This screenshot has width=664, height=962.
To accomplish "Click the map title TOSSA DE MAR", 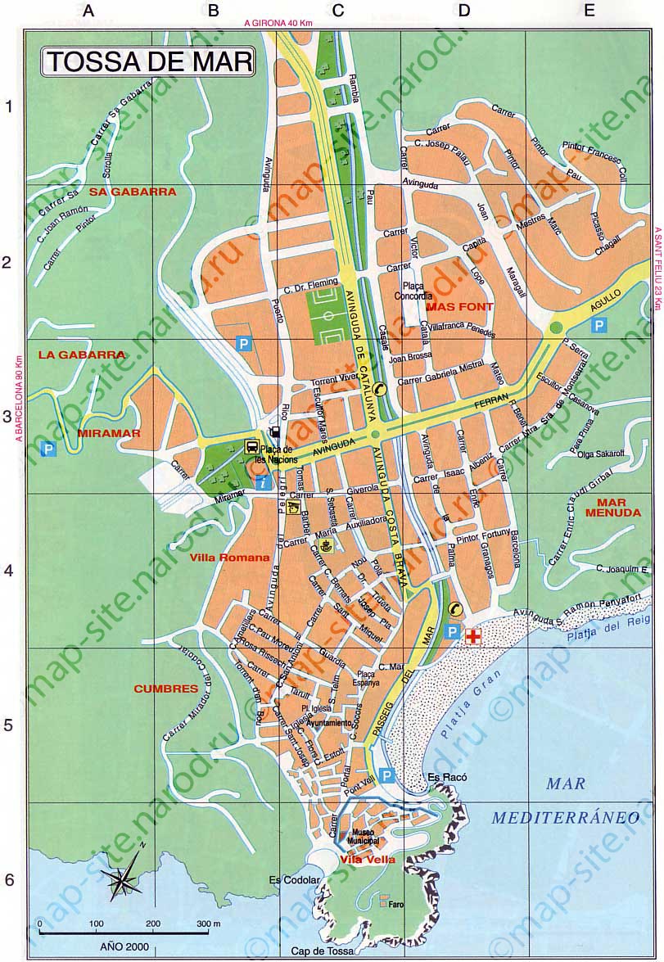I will click(x=147, y=62).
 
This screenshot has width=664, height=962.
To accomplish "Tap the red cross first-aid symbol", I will click(x=472, y=635).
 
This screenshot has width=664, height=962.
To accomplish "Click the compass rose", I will click(x=123, y=879).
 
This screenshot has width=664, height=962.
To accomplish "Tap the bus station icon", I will click(x=251, y=447).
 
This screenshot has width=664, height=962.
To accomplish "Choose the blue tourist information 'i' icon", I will click(x=261, y=483).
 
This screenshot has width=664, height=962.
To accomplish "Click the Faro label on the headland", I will click(x=397, y=905).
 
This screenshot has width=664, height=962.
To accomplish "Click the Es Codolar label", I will click(x=289, y=880).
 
